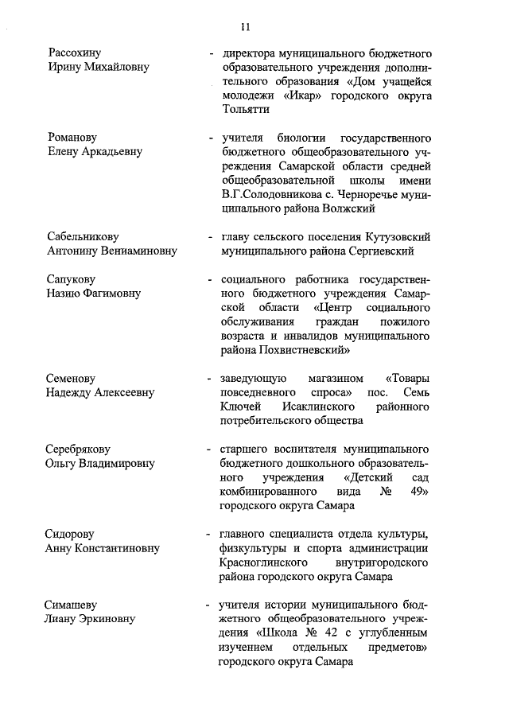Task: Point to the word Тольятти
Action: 247,110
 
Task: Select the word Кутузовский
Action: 398,237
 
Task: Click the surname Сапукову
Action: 73,279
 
